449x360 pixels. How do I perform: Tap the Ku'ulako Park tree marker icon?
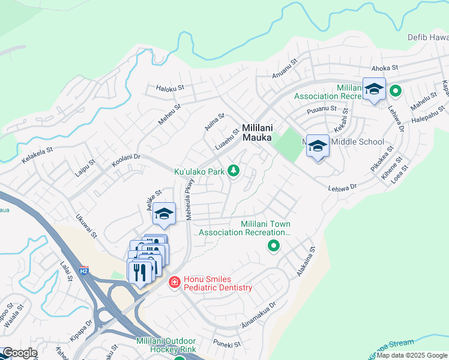[x=234, y=172]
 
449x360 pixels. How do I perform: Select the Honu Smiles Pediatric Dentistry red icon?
[x=174, y=281]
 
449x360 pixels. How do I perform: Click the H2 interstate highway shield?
[x=84, y=271]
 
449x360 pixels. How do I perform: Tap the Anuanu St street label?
[x=285, y=68]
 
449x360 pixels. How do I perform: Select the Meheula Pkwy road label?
[x=190, y=199]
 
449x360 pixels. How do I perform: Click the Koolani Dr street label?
[x=125, y=160]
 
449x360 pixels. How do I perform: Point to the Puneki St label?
[x=227, y=344]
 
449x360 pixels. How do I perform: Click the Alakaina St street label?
[x=306, y=262]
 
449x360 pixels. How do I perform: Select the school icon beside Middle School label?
[x=318, y=146]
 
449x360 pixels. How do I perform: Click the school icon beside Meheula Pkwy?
[x=163, y=213]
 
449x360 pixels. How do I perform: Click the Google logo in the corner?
[x=19, y=353]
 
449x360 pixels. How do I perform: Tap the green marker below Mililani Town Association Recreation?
[x=273, y=245]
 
